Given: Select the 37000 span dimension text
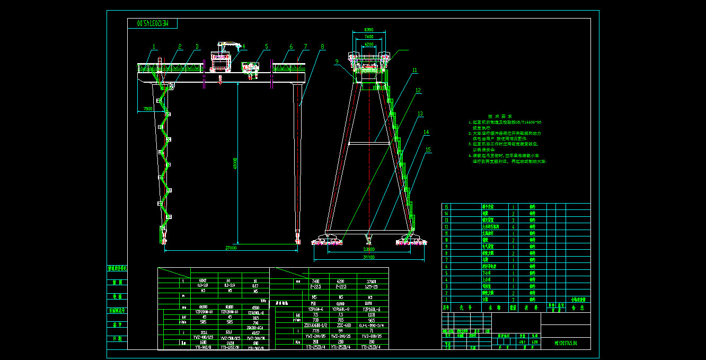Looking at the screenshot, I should click(231, 248).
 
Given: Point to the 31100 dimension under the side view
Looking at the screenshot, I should click(368, 257).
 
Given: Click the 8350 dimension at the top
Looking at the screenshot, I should click(369, 30).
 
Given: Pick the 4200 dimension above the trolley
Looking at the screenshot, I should click(369, 45).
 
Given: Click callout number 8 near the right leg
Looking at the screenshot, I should click(322, 47).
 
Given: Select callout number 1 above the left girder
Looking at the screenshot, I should click(154, 47).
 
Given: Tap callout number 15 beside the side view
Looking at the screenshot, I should click(428, 150).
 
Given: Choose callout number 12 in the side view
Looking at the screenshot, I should click(418, 90).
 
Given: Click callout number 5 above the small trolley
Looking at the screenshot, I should click(267, 47).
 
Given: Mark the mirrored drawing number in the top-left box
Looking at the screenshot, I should click(153, 23).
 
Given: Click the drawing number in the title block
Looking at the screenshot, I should click(566, 344).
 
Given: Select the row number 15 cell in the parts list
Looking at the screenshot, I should click(446, 207).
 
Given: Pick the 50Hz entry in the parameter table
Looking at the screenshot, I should click(263, 301).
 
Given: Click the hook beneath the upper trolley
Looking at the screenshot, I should click(219, 82).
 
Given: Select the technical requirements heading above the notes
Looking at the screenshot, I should click(500, 116).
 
